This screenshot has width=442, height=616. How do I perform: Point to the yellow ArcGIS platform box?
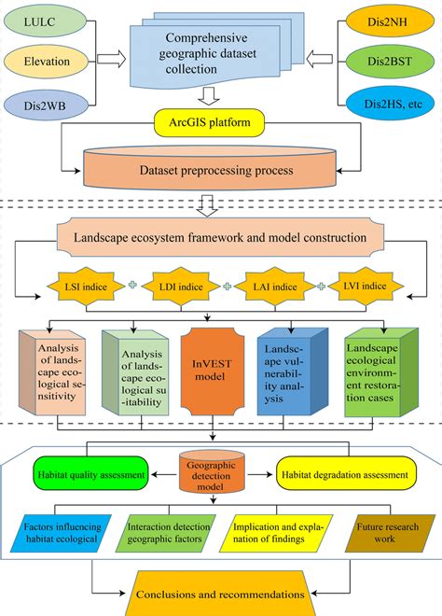(x=210, y=120)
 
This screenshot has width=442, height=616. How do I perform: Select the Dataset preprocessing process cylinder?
(x=210, y=169)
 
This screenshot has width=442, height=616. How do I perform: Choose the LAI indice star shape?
(x=269, y=286)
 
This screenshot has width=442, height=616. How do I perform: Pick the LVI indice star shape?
(x=358, y=286)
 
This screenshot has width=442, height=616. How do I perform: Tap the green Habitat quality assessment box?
(x=91, y=473)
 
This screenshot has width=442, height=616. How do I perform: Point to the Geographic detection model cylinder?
(x=215, y=472)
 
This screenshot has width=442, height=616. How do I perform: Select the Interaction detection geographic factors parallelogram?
(x=166, y=539)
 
